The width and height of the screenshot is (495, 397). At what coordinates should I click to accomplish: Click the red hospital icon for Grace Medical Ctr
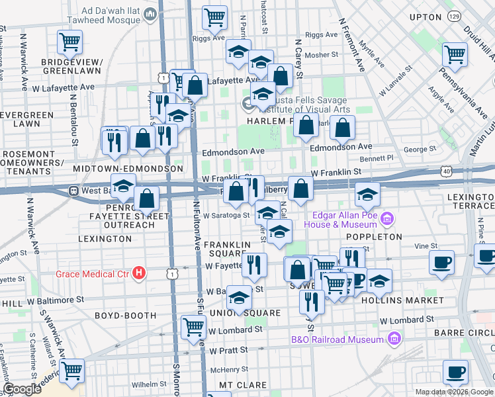click(x=138, y=273)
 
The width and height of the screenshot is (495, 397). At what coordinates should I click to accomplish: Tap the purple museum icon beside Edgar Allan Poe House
click(x=388, y=218)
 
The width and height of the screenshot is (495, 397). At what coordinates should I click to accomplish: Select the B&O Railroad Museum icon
click(x=394, y=339)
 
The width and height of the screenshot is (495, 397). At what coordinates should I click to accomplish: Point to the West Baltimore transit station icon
click(x=74, y=191)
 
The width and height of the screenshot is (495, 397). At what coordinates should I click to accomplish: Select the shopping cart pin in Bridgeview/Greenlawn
click(x=69, y=42)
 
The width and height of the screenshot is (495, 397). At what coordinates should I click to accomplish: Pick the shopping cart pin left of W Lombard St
click(x=193, y=326)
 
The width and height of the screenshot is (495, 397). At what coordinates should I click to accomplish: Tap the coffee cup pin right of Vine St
click(x=441, y=261)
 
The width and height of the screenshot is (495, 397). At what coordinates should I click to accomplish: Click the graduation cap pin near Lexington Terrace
click(x=367, y=194)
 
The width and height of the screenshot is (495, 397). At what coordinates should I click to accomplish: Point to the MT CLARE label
click(x=244, y=384)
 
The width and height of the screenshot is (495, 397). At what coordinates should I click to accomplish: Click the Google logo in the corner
click(x=22, y=389)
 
